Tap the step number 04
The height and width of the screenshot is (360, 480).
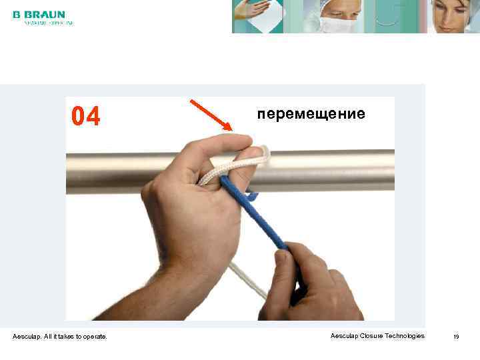point(86,117)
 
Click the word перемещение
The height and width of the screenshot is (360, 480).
point(311,113)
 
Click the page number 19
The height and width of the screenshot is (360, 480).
point(456,337)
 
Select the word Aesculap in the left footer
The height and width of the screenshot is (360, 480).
point(26,336)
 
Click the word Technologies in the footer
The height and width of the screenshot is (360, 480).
point(403,336)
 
